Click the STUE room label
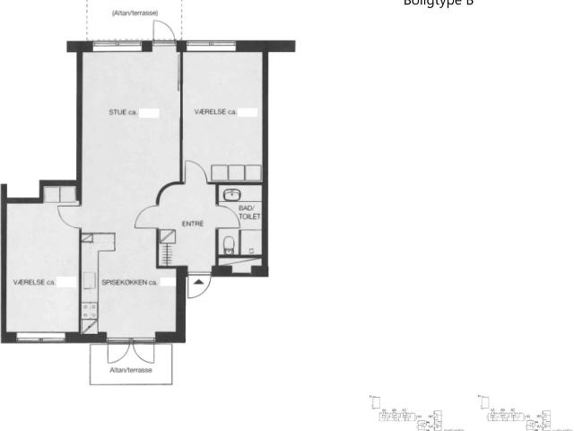coord(118,113)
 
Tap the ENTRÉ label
coord(193,224)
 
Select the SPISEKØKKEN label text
coord(126,282)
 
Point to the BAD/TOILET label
coord(247,212)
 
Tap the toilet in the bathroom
coord(228,242)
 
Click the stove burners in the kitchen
coord(89,310)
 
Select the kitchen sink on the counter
coord(89,279)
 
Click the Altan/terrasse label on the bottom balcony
coord(130,370)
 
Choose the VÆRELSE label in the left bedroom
coord(30,282)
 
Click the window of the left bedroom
coord(40,338)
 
